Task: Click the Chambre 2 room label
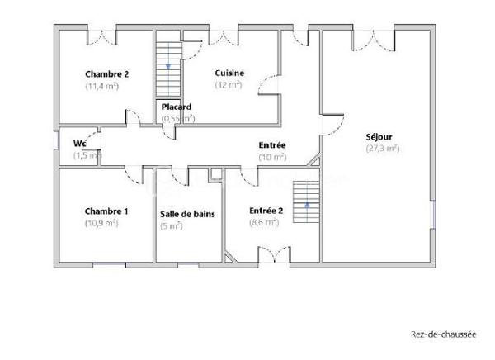[x=107, y=73]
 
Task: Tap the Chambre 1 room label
[x=106, y=211]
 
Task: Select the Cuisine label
[x=229, y=73]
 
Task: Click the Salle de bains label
[x=187, y=214]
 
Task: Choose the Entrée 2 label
[x=266, y=211]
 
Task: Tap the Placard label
[x=177, y=107]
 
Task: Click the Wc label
[x=80, y=143]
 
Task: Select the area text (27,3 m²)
[x=382, y=149]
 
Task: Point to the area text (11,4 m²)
[x=102, y=85]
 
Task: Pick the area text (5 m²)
[x=171, y=225]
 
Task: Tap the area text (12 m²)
[x=228, y=84]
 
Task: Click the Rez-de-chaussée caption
[x=443, y=334]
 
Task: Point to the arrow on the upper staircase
[x=168, y=64]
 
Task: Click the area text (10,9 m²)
[x=101, y=223]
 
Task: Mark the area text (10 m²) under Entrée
[x=272, y=156]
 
